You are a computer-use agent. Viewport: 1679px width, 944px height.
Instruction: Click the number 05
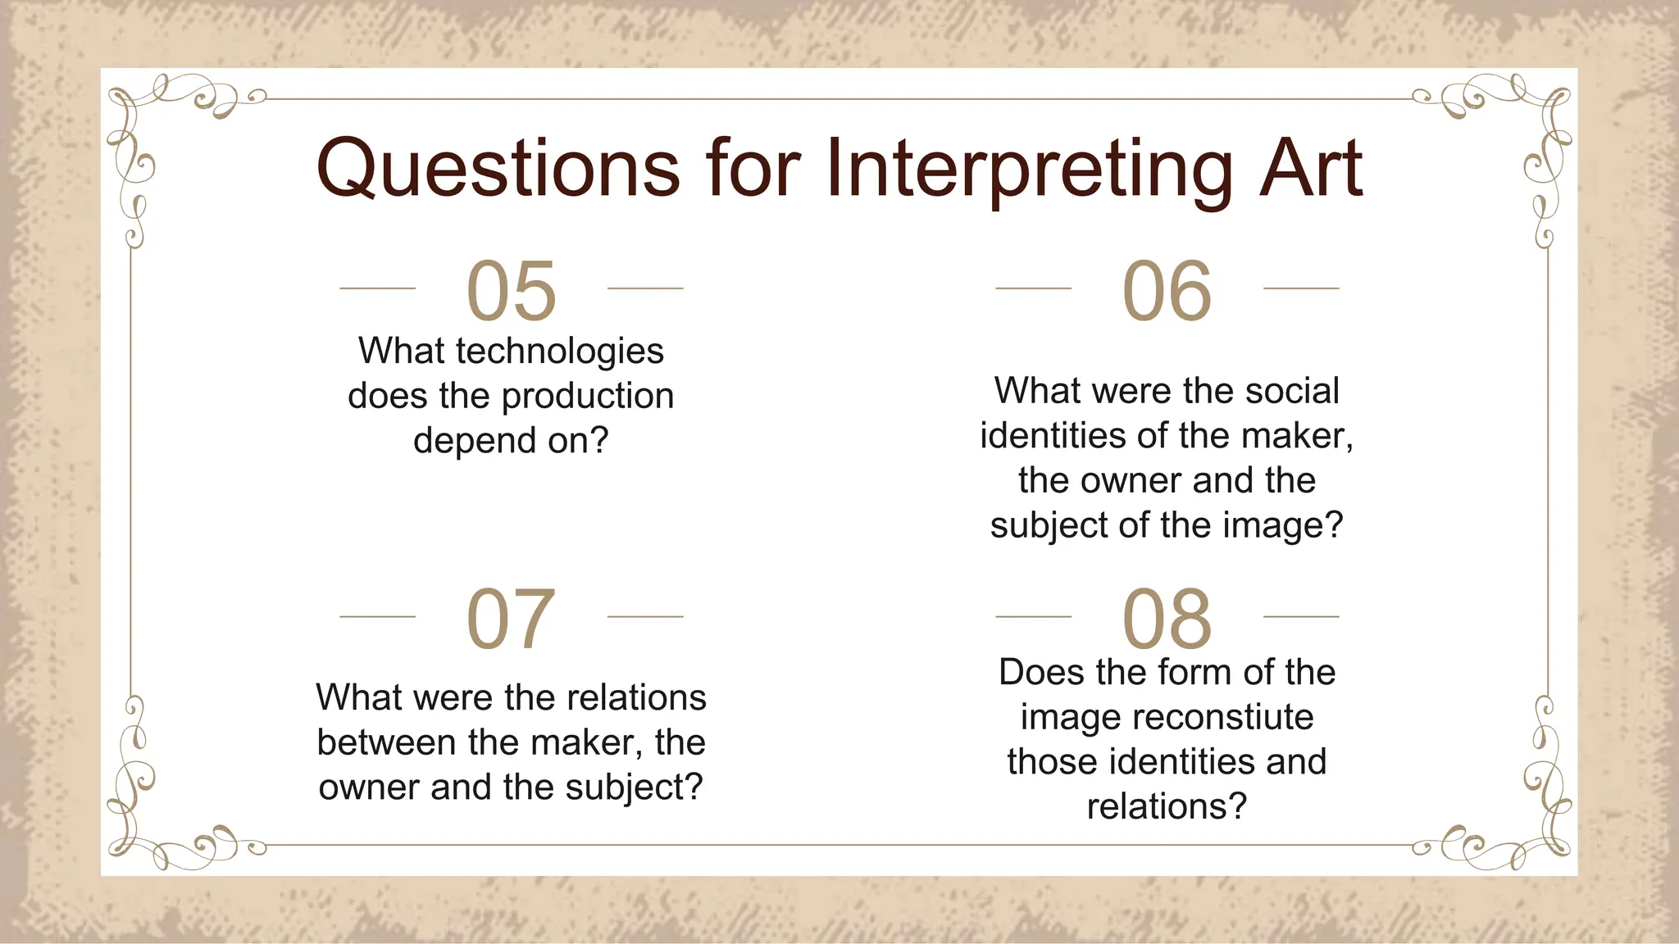coord(511,291)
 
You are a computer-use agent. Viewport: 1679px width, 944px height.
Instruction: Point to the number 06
coord(1167,291)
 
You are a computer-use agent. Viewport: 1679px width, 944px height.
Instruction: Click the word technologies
coord(559,352)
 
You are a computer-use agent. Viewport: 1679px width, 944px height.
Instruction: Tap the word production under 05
coord(587,396)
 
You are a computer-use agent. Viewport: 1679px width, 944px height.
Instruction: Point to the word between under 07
coord(387,742)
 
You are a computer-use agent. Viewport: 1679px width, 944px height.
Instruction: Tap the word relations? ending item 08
coord(1167,806)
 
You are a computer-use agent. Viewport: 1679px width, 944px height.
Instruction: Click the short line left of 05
coord(377,288)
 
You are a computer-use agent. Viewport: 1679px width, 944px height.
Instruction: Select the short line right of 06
coord(1301,288)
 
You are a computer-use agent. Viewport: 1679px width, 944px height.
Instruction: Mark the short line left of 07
coord(377,616)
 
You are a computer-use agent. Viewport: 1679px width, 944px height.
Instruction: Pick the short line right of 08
coord(1301,616)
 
